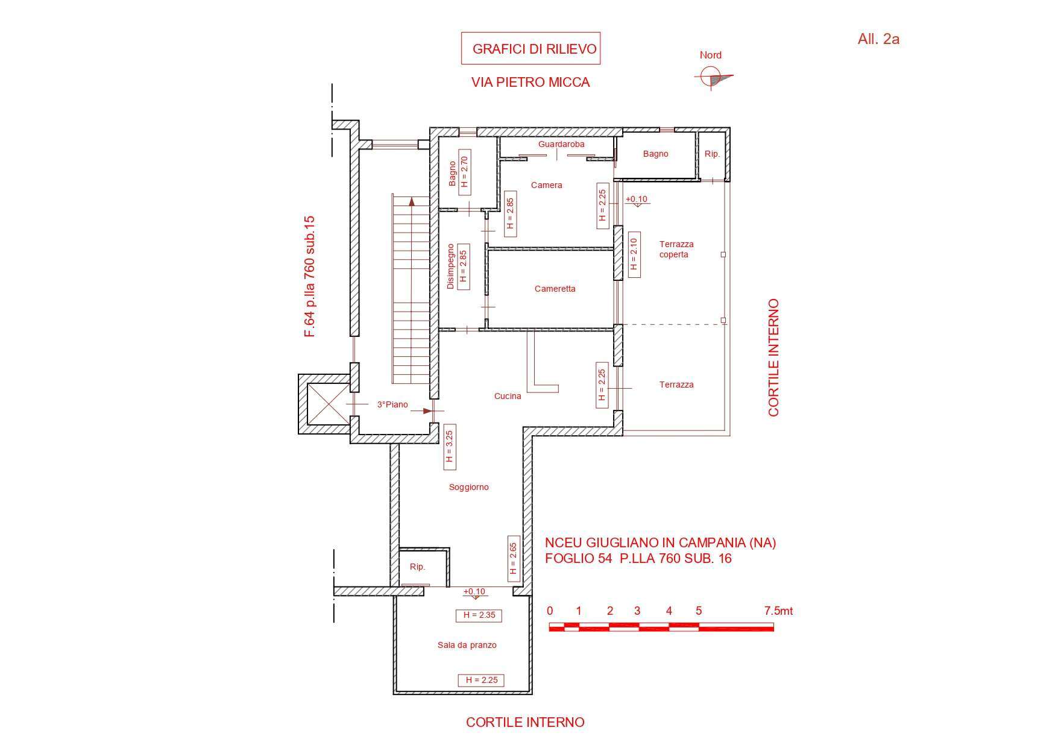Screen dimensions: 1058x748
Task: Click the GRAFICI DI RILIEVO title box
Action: (531, 48)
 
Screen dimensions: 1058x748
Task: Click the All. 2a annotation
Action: (878, 39)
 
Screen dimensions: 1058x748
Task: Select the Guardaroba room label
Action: (561, 144)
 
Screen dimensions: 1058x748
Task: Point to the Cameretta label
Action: (555, 289)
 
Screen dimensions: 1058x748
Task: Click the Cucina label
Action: (508, 396)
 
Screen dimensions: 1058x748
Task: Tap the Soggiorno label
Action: (468, 487)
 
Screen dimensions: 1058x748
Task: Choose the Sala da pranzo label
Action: (467, 645)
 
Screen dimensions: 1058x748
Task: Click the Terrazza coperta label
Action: (676, 249)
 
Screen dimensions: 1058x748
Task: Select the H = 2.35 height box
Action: (479, 615)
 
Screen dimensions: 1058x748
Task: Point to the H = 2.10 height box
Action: (634, 254)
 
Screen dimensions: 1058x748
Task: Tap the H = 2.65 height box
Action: (514, 559)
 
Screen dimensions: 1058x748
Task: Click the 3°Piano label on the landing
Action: (392, 404)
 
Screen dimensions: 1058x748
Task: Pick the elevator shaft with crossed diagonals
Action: (324, 404)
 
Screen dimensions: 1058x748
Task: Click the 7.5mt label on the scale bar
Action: (778, 611)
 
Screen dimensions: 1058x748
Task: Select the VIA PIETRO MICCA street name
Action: (531, 83)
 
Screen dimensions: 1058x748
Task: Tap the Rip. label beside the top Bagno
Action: (712, 154)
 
